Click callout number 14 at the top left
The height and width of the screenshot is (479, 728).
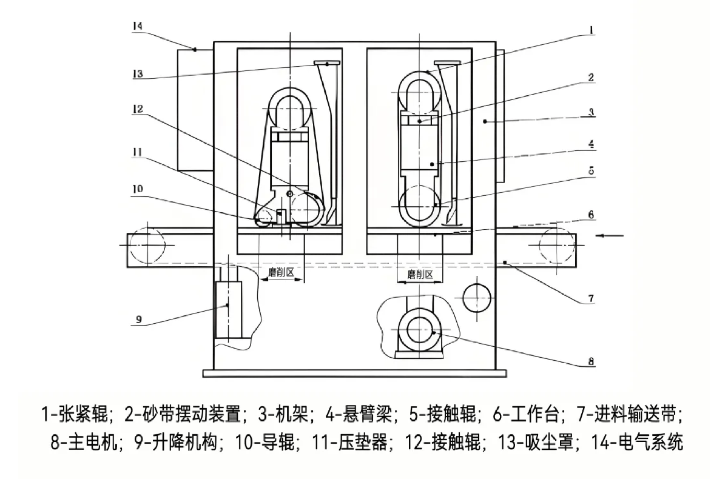click(x=137, y=27)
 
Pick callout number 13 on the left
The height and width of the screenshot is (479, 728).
click(x=137, y=74)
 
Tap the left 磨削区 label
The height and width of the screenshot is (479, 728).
click(x=281, y=273)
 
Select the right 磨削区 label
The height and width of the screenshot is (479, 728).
click(x=420, y=274)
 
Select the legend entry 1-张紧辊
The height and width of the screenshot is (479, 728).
click(x=75, y=415)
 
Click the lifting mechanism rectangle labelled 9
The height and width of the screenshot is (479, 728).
click(x=227, y=309)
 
